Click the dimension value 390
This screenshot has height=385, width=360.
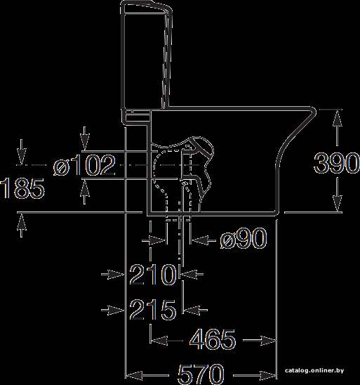336,163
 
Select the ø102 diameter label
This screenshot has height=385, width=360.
85,165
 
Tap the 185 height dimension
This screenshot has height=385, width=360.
22,188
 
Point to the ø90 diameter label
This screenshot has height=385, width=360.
243,238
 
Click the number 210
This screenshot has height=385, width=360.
152,274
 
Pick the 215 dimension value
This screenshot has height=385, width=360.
152,310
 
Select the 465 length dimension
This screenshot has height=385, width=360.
213,340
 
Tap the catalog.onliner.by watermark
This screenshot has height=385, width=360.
314,370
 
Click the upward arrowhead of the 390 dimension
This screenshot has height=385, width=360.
338,118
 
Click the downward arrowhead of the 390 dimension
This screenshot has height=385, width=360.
338,203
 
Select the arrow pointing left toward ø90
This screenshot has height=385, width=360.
204,240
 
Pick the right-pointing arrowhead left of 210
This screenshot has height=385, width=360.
115,274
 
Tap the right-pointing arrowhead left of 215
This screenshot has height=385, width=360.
115,310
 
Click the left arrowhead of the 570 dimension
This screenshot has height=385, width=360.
134,376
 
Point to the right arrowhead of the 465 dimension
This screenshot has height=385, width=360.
268,340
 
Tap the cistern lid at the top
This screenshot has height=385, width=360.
146,7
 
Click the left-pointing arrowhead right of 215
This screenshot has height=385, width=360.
192,310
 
